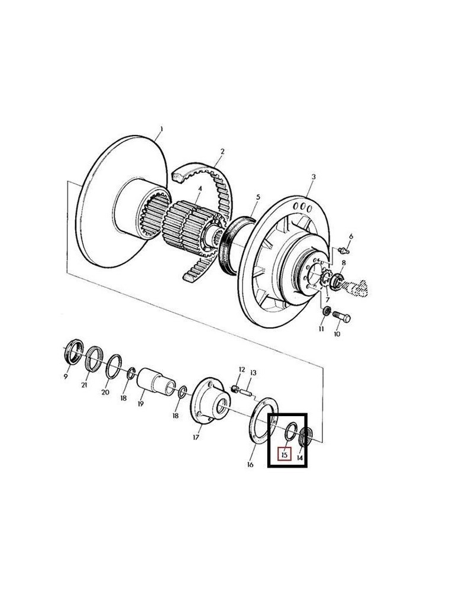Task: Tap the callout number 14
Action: point(300,457)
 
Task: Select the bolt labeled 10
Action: point(341,317)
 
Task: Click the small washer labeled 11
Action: point(326,311)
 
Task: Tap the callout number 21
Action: point(85,385)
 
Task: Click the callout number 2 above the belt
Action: point(222,152)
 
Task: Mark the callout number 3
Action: point(313,176)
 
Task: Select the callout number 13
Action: point(253,373)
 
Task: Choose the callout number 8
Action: point(344,262)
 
